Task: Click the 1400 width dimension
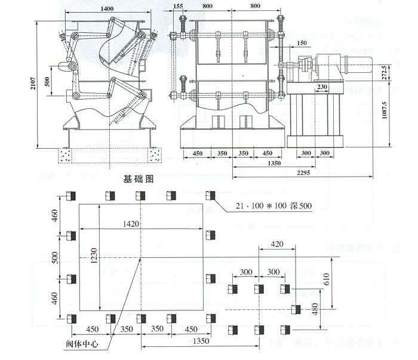pos(107,9)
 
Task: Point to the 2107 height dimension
pos(34,85)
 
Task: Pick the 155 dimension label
pos(178,7)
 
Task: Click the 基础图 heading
pos(139,178)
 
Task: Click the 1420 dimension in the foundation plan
pos(140,224)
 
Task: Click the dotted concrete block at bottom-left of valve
pos(65,155)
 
